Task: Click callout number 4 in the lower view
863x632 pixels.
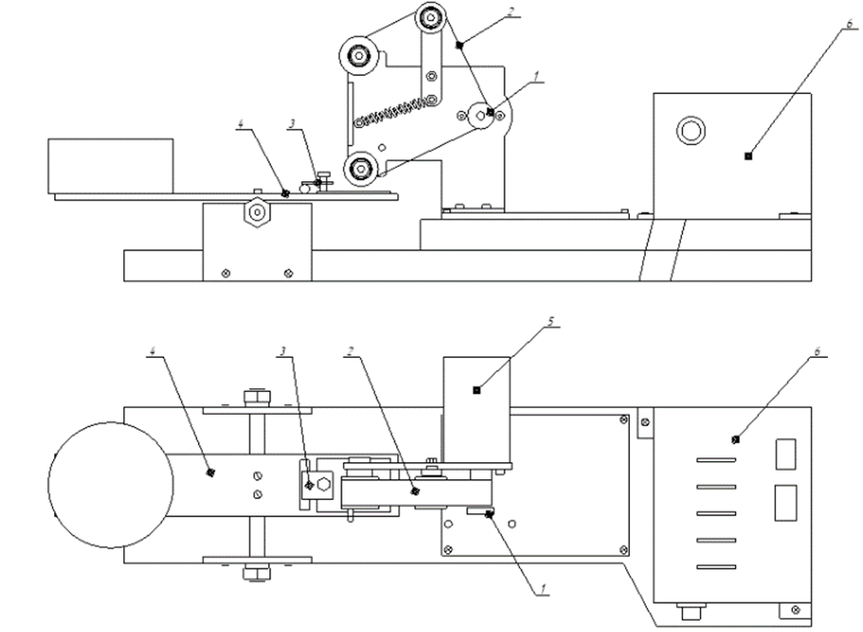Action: click(153, 351)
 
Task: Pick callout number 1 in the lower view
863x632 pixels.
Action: click(542, 588)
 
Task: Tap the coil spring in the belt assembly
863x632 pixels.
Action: click(389, 110)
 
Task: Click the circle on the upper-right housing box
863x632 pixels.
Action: click(690, 130)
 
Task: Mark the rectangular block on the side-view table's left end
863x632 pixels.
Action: click(111, 165)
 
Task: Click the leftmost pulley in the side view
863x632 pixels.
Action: click(361, 55)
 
